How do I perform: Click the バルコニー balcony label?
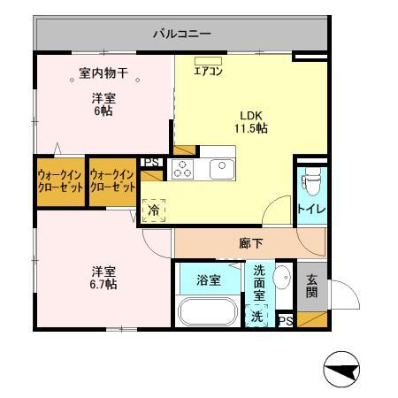click(x=181, y=34)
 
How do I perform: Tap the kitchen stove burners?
click(x=183, y=169)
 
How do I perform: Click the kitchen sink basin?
click(x=219, y=168)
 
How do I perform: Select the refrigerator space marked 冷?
click(x=154, y=210)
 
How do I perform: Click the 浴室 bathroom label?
click(x=208, y=280)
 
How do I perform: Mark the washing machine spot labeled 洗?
click(x=256, y=315)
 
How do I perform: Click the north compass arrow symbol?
click(x=342, y=369)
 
